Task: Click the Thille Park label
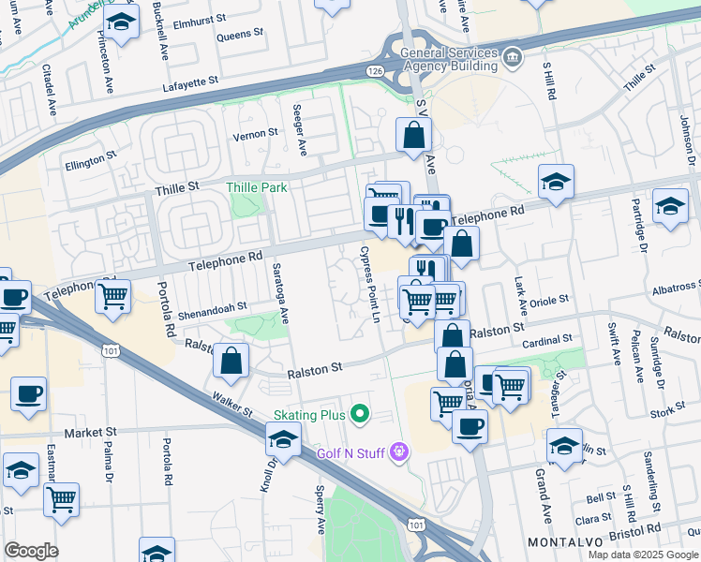257,187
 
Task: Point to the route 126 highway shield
375,71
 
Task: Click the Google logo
31,551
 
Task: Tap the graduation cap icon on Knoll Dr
283,437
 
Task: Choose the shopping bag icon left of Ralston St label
231,360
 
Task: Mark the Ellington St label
90,159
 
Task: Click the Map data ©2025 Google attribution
643,554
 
